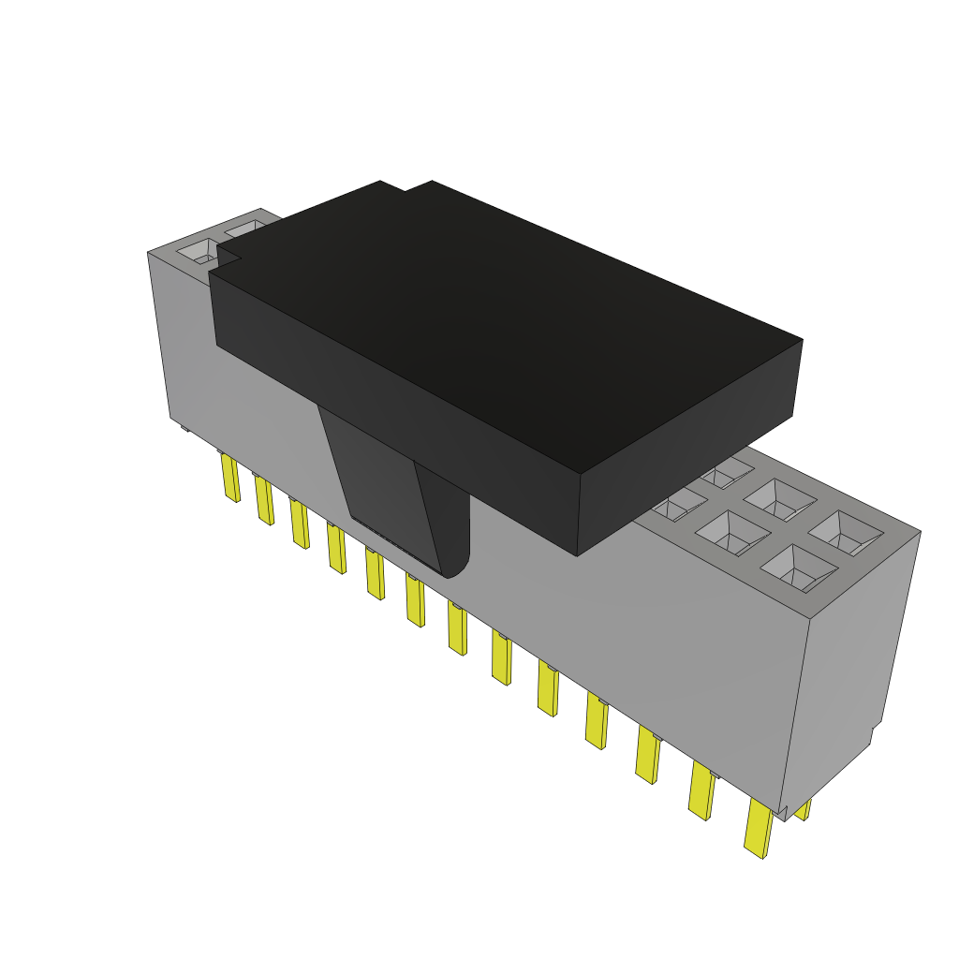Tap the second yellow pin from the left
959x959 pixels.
[263, 500]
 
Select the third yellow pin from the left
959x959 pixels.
[299, 524]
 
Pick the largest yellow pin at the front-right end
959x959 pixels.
[759, 828]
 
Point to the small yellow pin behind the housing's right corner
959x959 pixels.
[803, 809]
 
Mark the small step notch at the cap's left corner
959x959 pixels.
[227, 258]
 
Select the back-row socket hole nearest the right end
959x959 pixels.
[845, 531]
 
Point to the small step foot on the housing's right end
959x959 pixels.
[877, 735]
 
